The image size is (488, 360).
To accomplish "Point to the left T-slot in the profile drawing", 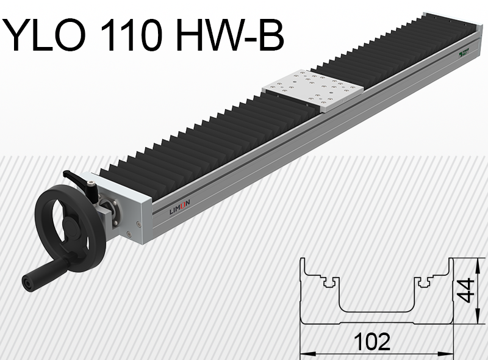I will (x=330, y=282).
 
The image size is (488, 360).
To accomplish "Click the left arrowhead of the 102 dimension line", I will (x=305, y=353).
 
